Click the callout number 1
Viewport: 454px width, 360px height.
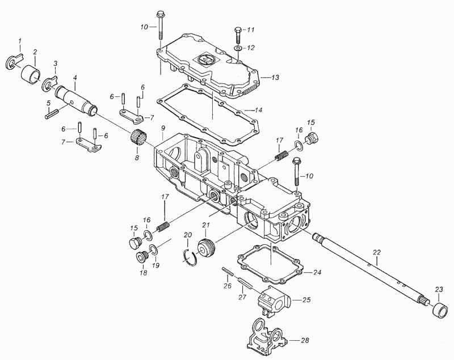pyautogui.click(x=20, y=41)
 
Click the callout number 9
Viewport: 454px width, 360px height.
pyautogui.click(x=163, y=128)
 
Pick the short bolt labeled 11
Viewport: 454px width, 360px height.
pyautogui.click(x=237, y=35)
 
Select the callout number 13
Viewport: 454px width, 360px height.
pyautogui.click(x=275, y=78)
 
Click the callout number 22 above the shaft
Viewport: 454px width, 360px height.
pyautogui.click(x=376, y=252)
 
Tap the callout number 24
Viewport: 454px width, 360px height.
pyautogui.click(x=317, y=272)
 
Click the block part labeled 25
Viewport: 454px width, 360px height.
pyautogui.click(x=274, y=300)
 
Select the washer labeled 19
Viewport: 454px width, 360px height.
pyautogui.click(x=154, y=249)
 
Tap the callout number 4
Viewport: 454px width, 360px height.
pyautogui.click(x=75, y=78)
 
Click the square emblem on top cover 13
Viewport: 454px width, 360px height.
pyautogui.click(x=207, y=60)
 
